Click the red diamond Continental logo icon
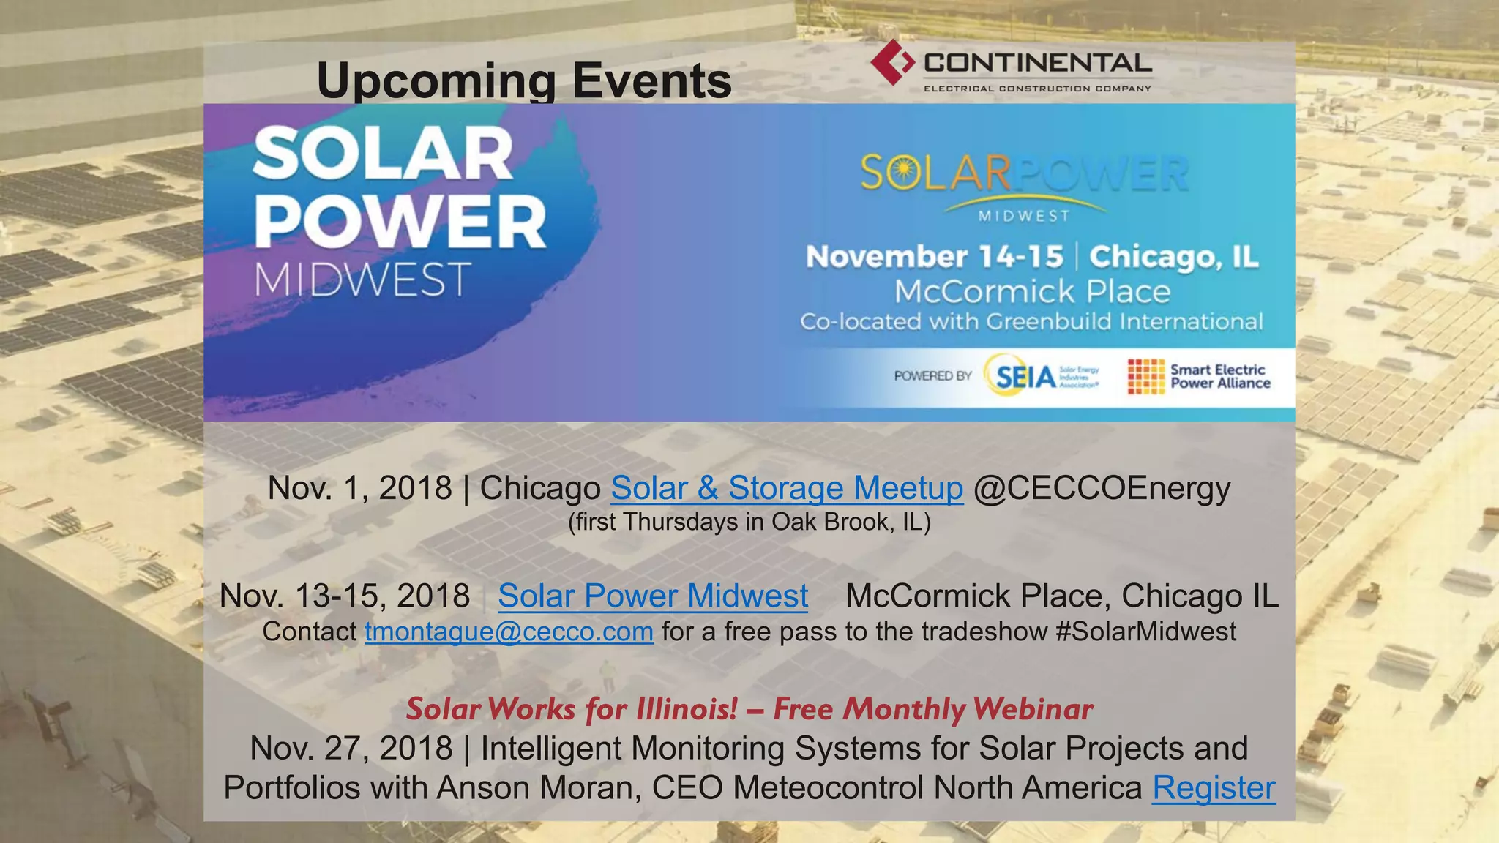pyautogui.click(x=892, y=62)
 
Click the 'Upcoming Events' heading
pyautogui.click(x=524, y=80)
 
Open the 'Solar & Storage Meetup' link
pyautogui.click(x=787, y=488)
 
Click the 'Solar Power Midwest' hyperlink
pyautogui.click(x=653, y=596)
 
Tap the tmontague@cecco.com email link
pyautogui.click(x=509, y=632)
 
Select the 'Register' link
pyautogui.click(x=1214, y=788)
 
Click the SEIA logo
pyautogui.click(x=1025, y=376)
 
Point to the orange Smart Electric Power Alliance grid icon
pyautogui.click(x=1145, y=376)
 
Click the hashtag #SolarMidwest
pyautogui.click(x=1145, y=632)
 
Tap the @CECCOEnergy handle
pyautogui.click(x=1102, y=488)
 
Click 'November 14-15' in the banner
pyautogui.click(x=935, y=257)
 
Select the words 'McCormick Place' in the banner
pyautogui.click(x=1032, y=292)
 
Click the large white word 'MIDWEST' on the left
pyautogui.click(x=362, y=280)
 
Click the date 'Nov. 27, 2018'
pyautogui.click(x=351, y=749)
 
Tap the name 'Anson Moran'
pyautogui.click(x=538, y=788)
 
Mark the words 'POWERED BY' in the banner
pyautogui.click(x=932, y=376)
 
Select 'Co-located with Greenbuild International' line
pyautogui.click(x=1031, y=322)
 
